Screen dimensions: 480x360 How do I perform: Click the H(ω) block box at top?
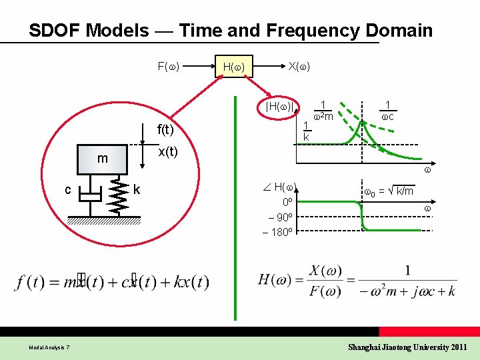pos(233,66)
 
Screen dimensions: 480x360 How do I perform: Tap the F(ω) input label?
pos(171,66)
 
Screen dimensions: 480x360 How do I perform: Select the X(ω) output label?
pos(299,65)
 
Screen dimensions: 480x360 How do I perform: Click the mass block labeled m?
pos(102,159)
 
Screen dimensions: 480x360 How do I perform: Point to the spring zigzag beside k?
pos(120,196)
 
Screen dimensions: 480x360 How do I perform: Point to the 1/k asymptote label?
pos(306,131)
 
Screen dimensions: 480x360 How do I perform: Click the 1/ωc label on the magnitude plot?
pos(387,111)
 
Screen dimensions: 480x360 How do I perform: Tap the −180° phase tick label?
pos(279,231)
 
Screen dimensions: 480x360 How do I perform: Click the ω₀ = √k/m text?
pos(389,191)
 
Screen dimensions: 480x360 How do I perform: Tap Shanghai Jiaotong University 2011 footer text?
pos(407,347)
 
